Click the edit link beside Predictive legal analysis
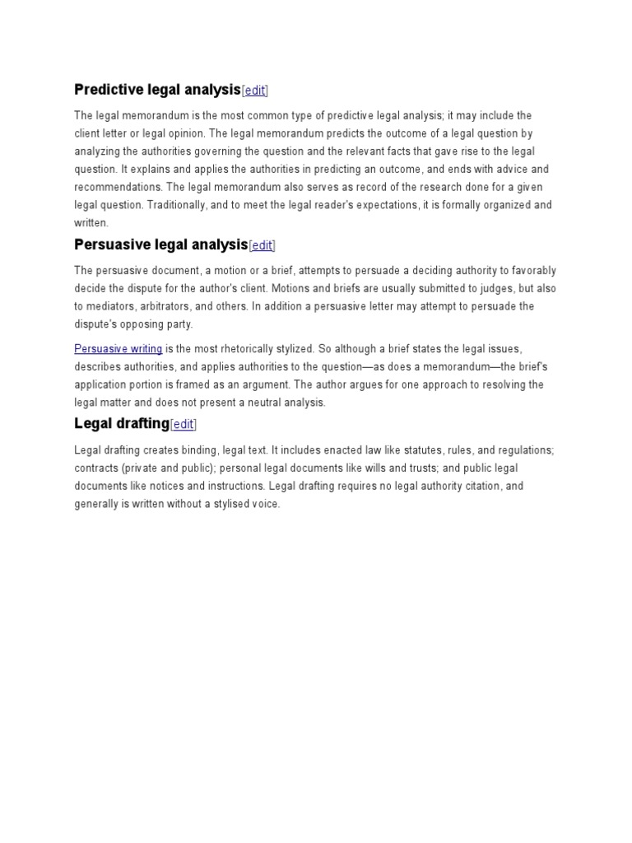pos(255,91)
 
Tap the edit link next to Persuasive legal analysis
pos(262,245)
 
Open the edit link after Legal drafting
pos(184,425)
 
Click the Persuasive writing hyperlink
pos(118,349)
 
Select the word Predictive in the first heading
pos(107,89)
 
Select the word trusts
pos(402,468)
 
